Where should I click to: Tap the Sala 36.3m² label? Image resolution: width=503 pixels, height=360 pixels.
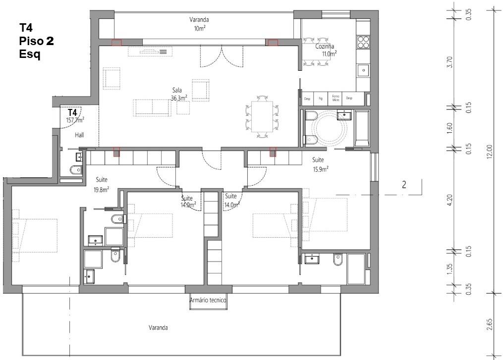click(x=178, y=94)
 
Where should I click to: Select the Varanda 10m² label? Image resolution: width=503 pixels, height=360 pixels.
click(x=199, y=24)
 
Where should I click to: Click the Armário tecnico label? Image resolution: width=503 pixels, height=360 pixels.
click(x=208, y=300)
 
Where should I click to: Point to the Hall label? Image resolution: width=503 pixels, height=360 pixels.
click(x=80, y=135)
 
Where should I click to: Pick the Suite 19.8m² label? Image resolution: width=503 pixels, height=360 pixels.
click(x=101, y=184)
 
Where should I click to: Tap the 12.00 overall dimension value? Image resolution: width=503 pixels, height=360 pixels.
click(x=490, y=151)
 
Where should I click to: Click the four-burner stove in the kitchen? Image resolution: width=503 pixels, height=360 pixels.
click(x=363, y=42)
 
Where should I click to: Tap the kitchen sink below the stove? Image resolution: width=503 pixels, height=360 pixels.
click(x=364, y=70)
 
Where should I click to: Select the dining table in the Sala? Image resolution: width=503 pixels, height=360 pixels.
click(x=262, y=116)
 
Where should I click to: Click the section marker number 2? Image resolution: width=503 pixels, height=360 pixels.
click(x=404, y=185)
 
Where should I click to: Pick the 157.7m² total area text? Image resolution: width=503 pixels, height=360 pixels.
click(x=75, y=120)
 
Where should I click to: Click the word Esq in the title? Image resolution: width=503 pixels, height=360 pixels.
click(x=29, y=54)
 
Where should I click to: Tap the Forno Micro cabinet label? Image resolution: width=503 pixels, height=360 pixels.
click(x=336, y=98)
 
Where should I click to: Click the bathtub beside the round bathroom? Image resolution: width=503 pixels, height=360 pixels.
click(x=361, y=129)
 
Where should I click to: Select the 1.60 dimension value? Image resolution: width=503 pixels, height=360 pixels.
click(x=449, y=127)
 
